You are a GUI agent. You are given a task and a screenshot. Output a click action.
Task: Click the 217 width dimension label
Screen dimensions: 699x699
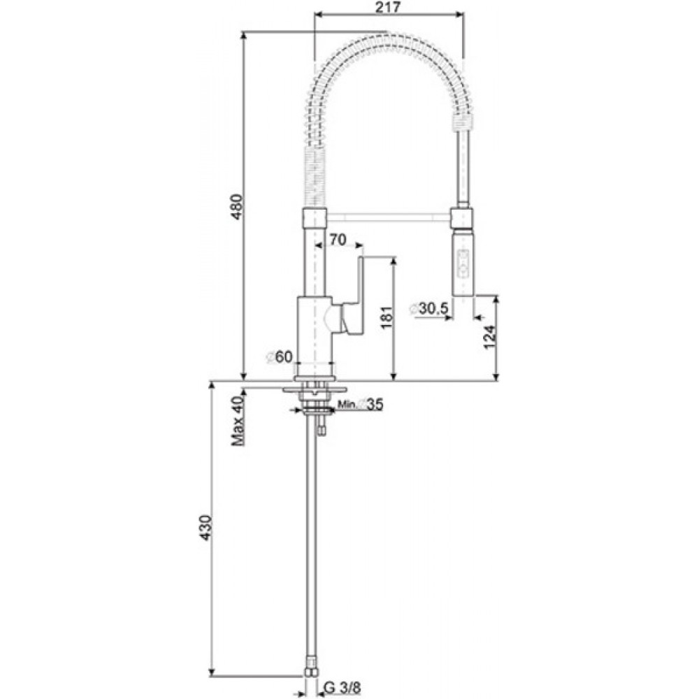[388, 7]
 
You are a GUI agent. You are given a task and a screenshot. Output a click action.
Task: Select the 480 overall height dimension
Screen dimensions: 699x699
[238, 206]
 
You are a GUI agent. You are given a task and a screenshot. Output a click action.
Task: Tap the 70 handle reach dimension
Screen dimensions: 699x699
[338, 239]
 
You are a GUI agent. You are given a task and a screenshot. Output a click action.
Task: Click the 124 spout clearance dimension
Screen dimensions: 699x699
[489, 338]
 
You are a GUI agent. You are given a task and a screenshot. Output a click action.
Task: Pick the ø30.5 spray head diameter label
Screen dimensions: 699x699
[428, 309]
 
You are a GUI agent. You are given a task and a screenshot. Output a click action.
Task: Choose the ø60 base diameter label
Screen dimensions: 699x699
[279, 356]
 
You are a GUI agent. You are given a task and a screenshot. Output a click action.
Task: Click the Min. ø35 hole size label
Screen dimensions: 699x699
[360, 404]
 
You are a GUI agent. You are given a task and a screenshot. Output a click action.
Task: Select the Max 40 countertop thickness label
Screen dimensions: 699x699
[238, 421]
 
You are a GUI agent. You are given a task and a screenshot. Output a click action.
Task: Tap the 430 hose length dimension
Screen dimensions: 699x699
[205, 528]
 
